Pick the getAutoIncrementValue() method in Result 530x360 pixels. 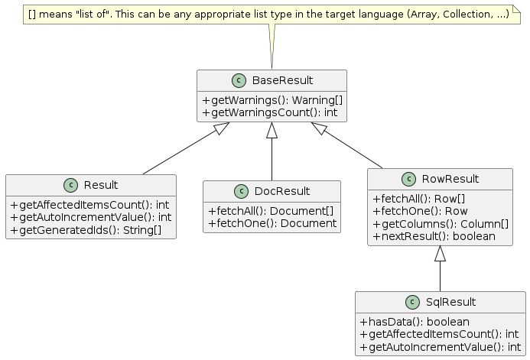(90, 217)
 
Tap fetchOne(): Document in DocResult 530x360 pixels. (272, 223)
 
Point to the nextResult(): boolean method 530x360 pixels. (434, 236)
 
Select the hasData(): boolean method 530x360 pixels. (414, 322)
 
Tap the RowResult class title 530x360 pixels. (450, 180)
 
